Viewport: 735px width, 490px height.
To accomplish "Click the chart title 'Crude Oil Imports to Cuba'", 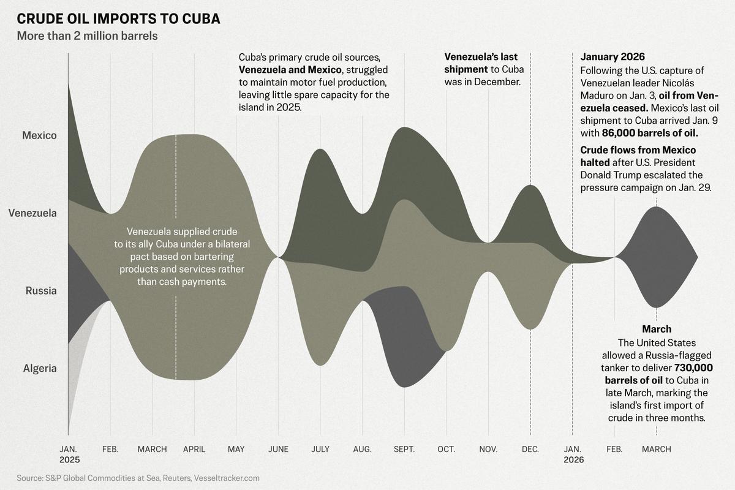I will point(119,18).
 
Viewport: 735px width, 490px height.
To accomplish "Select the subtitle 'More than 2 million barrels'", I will point(88,36).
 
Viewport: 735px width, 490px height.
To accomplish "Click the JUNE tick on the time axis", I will point(278,450).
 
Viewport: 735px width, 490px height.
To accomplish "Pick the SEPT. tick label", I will point(404,450).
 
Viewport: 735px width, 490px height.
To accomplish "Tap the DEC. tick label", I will point(530,450).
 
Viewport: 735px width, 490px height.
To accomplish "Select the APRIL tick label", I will point(194,450).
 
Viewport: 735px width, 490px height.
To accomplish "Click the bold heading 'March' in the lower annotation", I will point(657,329).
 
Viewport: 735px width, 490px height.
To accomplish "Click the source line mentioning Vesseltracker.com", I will point(138,478).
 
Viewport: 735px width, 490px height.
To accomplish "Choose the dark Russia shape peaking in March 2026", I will point(656,257).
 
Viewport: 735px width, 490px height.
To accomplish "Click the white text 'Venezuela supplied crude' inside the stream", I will point(176,232).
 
